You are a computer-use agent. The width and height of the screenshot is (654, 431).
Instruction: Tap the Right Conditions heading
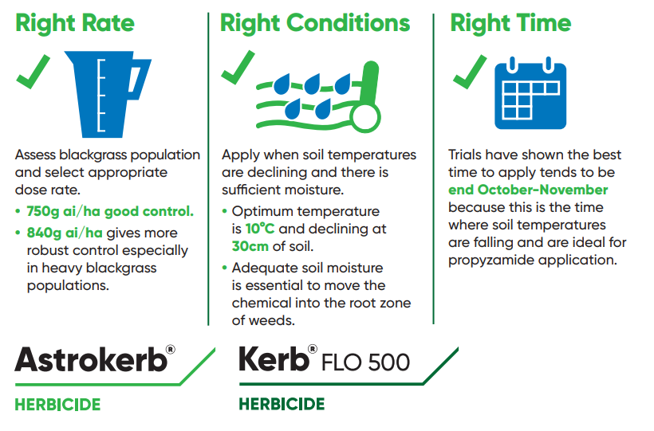click(x=315, y=23)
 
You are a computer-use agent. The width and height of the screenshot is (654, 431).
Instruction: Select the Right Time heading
click(x=510, y=23)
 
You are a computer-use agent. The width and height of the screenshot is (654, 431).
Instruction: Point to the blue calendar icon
click(x=530, y=95)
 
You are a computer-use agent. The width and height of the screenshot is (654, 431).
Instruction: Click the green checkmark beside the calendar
click(x=470, y=72)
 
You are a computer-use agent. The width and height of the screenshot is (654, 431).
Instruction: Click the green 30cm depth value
click(x=250, y=246)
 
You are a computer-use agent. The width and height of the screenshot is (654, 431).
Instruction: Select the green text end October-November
click(x=528, y=190)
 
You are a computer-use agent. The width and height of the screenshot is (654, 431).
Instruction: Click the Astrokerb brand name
click(x=92, y=360)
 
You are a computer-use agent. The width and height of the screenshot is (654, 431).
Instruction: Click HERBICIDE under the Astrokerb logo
click(x=57, y=405)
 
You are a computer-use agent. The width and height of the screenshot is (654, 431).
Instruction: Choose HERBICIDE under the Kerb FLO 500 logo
click(x=282, y=405)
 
